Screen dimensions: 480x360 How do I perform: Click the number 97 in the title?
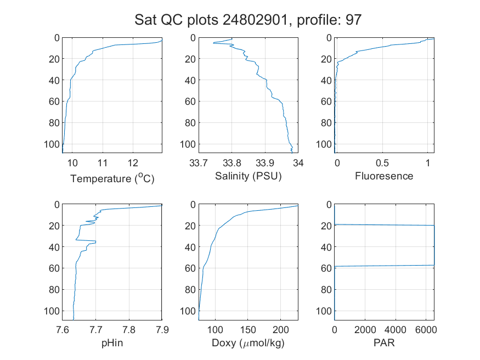pyautogui.click(x=354, y=20)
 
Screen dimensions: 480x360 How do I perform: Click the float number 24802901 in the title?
pyautogui.click(x=255, y=20)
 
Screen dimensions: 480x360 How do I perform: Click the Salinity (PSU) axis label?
pyautogui.click(x=249, y=176)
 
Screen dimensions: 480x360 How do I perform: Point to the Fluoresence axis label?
pyautogui.click(x=384, y=176)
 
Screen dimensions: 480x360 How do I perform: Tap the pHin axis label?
pyautogui.click(x=112, y=343)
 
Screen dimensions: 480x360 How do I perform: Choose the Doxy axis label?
pyautogui.click(x=248, y=343)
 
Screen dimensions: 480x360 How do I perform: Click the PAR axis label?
pyautogui.click(x=384, y=342)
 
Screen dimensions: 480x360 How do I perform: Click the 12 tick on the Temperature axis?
pyautogui.click(x=133, y=163)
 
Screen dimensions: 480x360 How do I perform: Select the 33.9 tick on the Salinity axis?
pyautogui.click(x=265, y=163)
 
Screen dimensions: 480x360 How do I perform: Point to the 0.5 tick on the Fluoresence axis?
pyautogui.click(x=382, y=163)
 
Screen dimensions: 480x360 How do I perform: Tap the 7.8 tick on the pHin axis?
pyautogui.click(x=129, y=330)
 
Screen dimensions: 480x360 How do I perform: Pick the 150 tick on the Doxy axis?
pyautogui.click(x=248, y=330)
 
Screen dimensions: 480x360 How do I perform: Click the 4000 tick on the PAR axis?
pyautogui.click(x=395, y=330)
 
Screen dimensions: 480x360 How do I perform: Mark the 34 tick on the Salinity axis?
pyautogui.click(x=298, y=163)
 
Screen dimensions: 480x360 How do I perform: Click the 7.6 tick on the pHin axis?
pyautogui.click(x=63, y=330)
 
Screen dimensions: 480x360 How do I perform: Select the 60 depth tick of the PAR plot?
pyautogui.click(x=326, y=268)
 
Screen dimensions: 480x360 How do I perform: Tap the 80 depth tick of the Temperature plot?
pyautogui.click(x=54, y=123)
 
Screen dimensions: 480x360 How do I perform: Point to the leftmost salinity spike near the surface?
pyautogui.click(x=214, y=43)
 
